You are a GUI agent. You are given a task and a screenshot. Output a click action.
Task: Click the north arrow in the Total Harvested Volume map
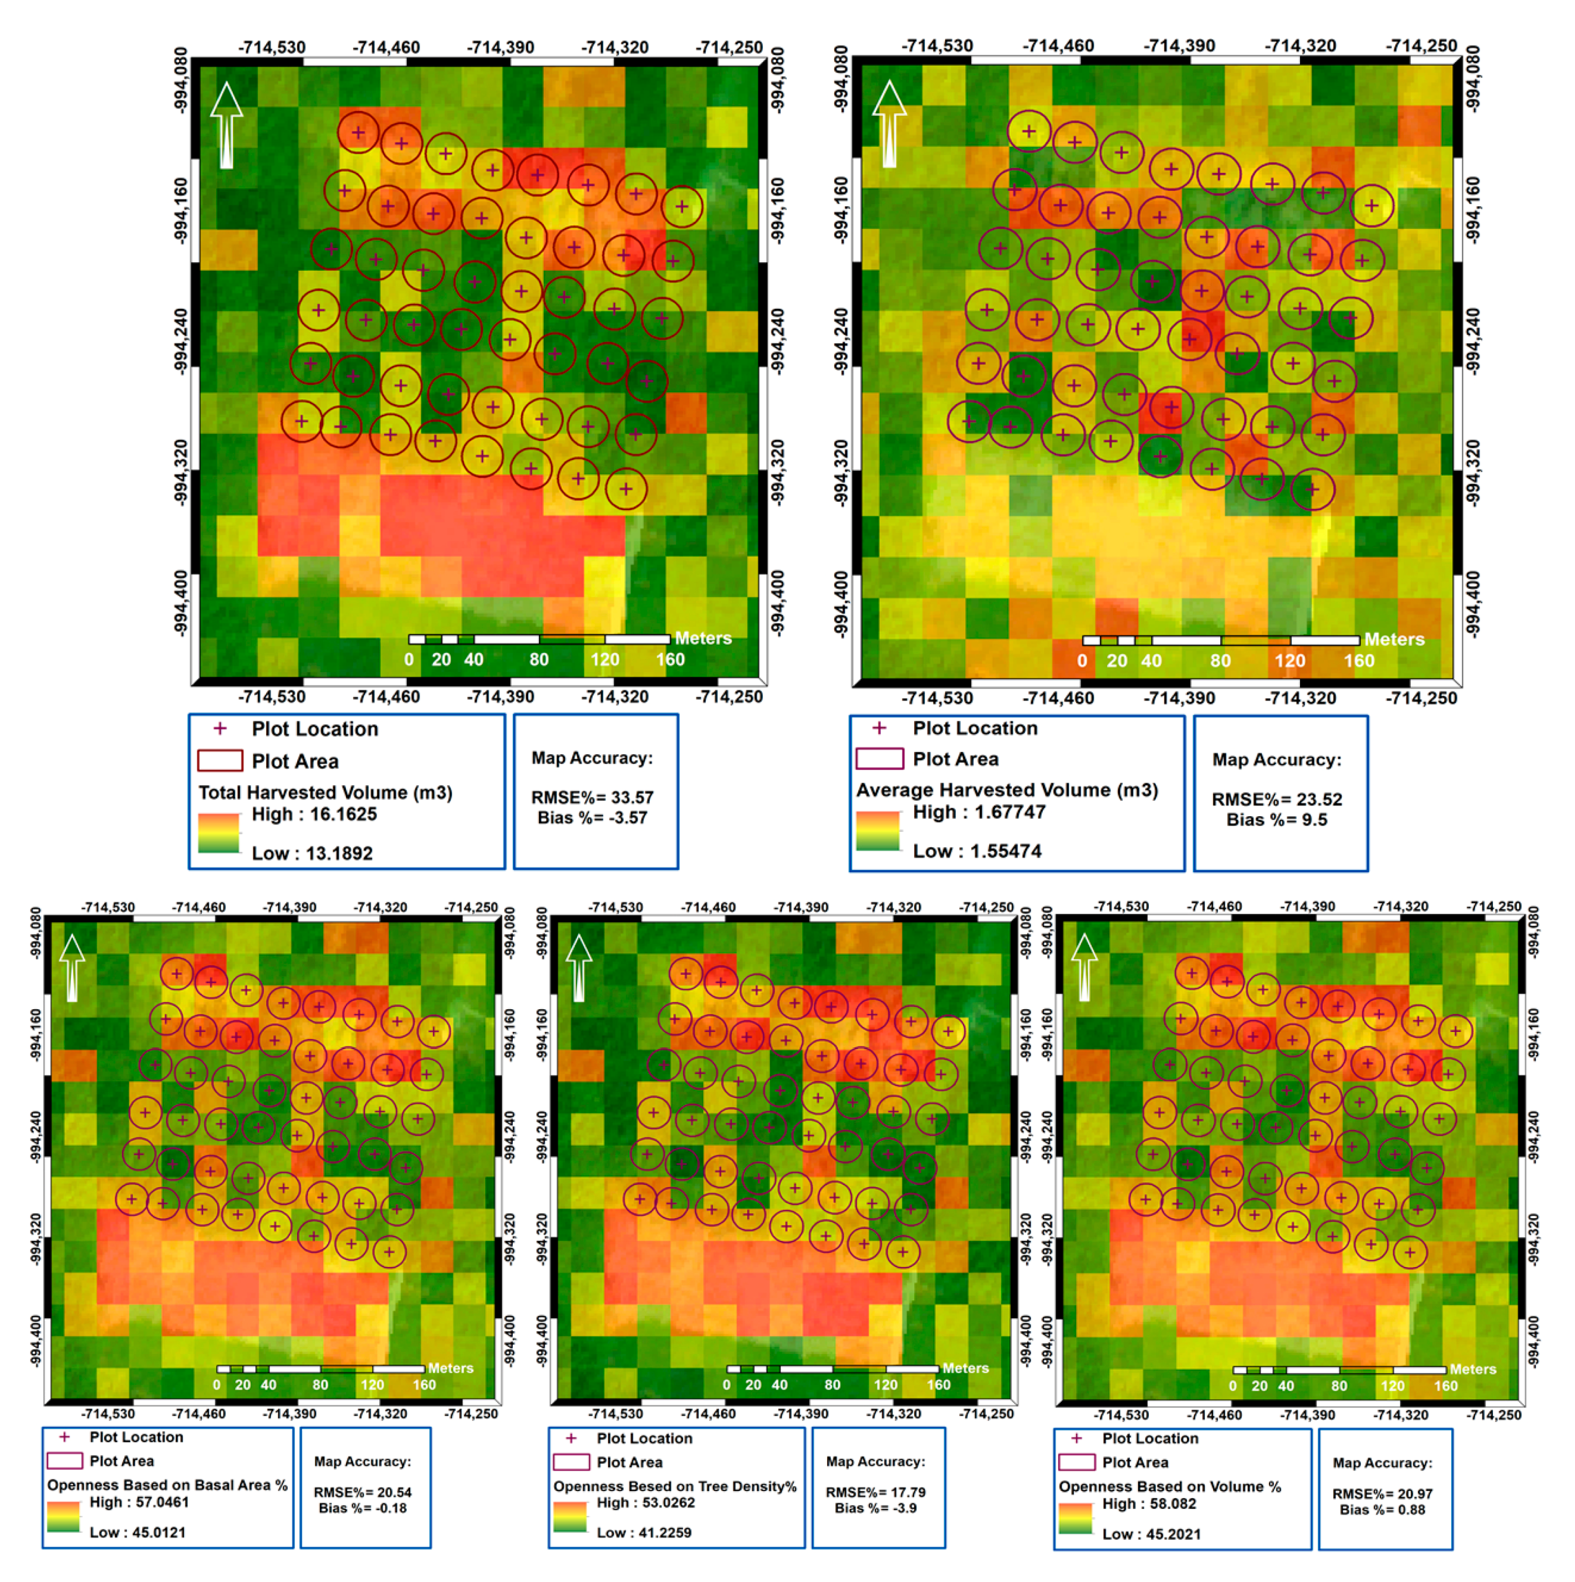tap(227, 124)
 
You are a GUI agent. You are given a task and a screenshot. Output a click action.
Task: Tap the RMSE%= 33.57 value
tap(592, 797)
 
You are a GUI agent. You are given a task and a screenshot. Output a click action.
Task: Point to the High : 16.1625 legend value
tap(314, 814)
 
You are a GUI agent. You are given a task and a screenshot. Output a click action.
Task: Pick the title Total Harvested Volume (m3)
tap(325, 792)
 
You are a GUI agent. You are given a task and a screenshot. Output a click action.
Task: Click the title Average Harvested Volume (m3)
tap(1007, 790)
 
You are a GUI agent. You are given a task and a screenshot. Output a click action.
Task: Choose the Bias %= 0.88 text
tap(1382, 1509)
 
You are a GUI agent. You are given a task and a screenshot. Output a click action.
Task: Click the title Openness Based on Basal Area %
tap(167, 1484)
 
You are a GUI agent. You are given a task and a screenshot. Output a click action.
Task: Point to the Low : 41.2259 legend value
tap(644, 1532)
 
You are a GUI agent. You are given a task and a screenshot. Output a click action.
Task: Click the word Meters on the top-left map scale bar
tap(702, 638)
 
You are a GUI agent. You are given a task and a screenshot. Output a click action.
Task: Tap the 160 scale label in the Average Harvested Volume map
tap(1358, 661)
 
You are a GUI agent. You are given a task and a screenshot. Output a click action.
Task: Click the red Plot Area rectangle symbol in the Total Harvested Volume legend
tap(220, 761)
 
